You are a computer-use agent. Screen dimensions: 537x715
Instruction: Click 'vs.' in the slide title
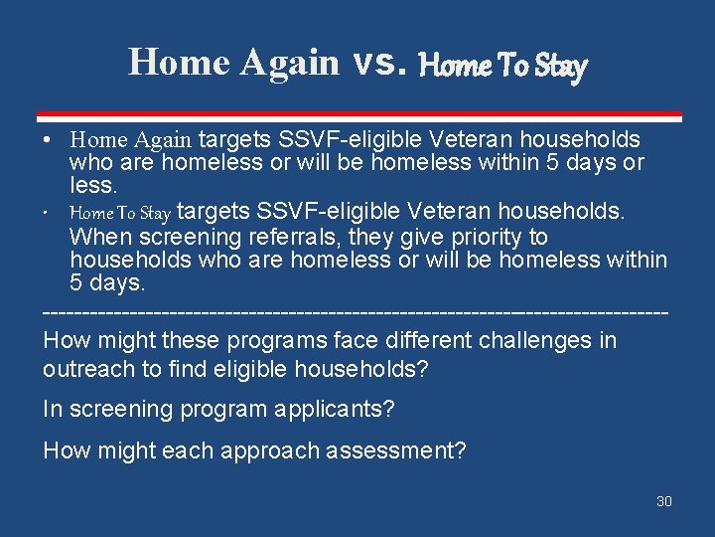tap(379, 63)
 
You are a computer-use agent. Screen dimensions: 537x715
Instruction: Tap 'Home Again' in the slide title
tap(233, 62)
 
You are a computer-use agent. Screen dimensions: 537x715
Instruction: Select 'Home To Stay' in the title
tap(503, 66)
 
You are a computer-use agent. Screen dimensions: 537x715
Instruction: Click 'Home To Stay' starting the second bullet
tap(120, 213)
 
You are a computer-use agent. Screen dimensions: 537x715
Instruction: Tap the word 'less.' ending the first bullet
tap(93, 186)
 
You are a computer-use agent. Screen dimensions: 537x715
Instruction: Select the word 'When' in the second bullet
tap(99, 237)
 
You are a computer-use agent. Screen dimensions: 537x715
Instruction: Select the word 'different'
tap(418, 340)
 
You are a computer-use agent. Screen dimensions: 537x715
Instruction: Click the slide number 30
tap(664, 501)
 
